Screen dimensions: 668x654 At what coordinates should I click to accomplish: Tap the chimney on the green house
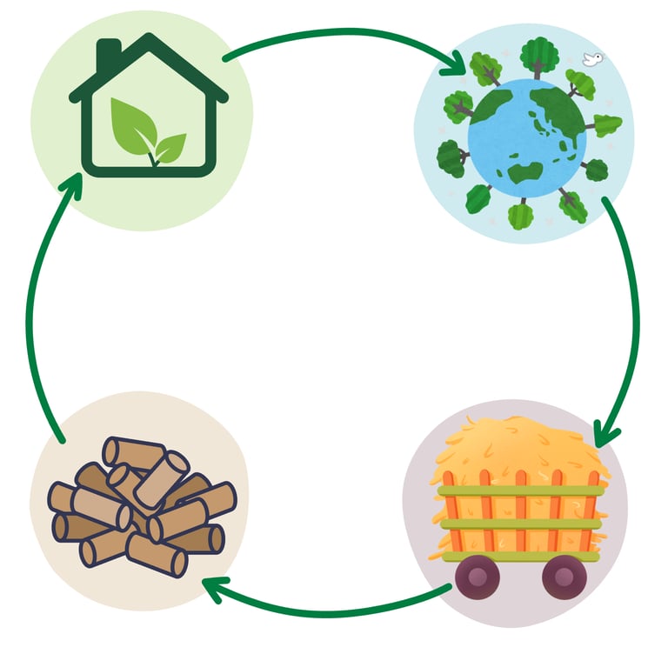[x=109, y=52]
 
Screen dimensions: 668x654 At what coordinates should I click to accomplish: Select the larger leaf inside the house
[x=133, y=124]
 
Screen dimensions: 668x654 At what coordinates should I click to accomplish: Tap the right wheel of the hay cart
[x=562, y=575]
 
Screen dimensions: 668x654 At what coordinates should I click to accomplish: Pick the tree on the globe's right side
[x=607, y=125]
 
